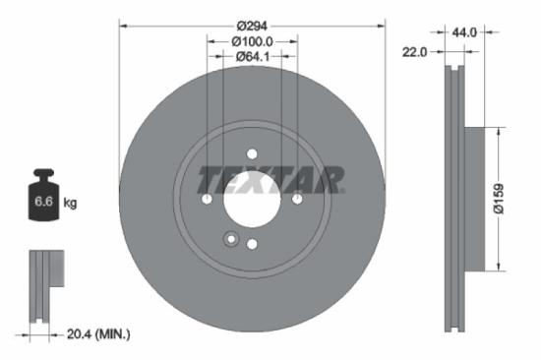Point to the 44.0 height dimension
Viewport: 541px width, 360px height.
click(465, 32)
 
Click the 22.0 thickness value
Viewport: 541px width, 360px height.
click(415, 53)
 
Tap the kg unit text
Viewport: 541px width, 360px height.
click(71, 204)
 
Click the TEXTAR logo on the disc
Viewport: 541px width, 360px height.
click(271, 180)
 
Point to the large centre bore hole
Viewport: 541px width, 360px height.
click(252, 201)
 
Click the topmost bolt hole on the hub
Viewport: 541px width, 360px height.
click(252, 153)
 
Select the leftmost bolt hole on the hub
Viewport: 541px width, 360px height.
click(207, 200)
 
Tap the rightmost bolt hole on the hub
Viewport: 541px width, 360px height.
click(298, 200)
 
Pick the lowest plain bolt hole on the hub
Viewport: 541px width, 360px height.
click(252, 245)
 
